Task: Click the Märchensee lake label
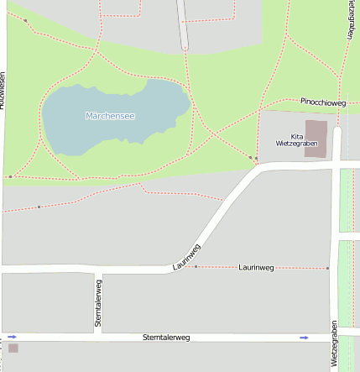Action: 110,115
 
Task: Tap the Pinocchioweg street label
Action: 323,102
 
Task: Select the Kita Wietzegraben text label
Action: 296,139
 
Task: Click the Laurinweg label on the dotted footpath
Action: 256,267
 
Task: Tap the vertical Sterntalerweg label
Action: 98,303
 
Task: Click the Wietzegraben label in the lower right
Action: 334,343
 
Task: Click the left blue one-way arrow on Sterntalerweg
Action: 13,337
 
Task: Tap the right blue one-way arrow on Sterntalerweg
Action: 304,338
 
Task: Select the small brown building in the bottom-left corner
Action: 13,348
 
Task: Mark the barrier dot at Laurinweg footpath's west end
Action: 196,266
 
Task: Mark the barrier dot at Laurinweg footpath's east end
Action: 327,269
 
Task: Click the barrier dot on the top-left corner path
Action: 25,20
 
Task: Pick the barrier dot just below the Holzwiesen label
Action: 10,176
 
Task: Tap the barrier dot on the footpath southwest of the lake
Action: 39,207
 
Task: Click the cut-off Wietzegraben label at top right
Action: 349,18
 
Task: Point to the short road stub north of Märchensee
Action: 183,24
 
